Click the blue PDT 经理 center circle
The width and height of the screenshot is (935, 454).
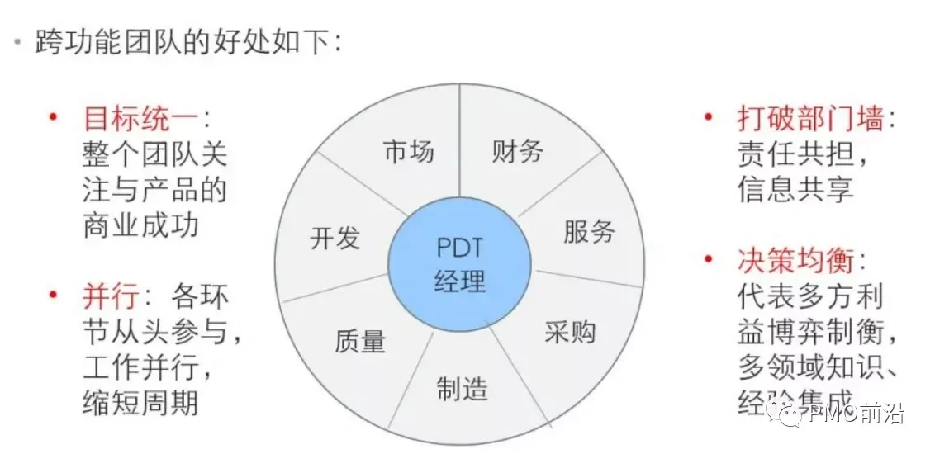459,265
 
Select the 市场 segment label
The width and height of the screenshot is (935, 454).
408,151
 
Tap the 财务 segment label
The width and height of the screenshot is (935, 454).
518,151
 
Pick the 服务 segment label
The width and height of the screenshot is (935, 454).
589,231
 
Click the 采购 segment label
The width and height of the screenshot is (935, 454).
570,332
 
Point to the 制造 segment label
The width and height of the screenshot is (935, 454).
462,388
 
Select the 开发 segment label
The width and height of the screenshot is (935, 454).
335,239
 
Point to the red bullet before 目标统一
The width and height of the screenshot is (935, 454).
54,117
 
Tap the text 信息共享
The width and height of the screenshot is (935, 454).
795,189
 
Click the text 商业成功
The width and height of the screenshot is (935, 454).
140,225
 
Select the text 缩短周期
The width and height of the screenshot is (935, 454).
140,402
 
